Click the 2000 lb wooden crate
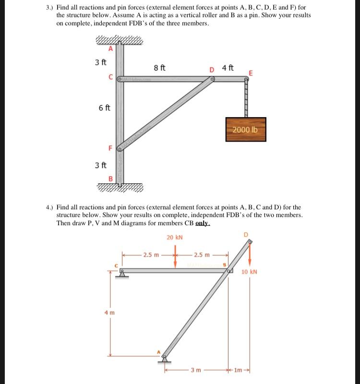click(245, 129)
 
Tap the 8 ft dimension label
click(160, 68)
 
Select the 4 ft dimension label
click(228, 68)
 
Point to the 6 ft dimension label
click(105, 108)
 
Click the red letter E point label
click(251, 73)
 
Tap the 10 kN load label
click(249, 272)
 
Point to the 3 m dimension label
click(195, 370)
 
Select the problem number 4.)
click(50, 207)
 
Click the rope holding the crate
click(247, 99)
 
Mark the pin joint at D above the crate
click(212, 80)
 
